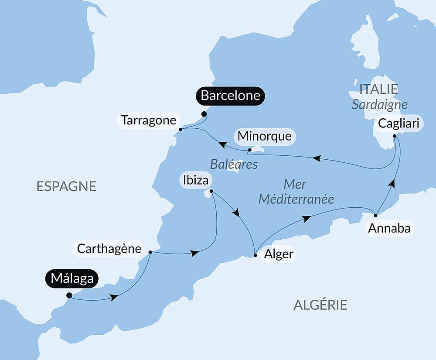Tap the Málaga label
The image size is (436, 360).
(x=72, y=278)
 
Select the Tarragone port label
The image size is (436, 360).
(x=148, y=120)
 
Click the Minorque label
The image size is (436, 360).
(x=265, y=136)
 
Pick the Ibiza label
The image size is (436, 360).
(x=195, y=180)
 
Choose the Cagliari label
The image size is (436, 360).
(x=399, y=123)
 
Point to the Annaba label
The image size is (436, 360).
(x=389, y=228)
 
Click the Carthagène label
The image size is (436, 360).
(x=109, y=249)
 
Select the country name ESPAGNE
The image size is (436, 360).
(x=66, y=186)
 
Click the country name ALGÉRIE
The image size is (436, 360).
(x=320, y=305)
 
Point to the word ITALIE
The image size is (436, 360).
(x=378, y=89)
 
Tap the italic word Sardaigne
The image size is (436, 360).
(x=380, y=105)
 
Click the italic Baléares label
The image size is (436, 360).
(x=234, y=164)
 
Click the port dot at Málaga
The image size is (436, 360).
(x=69, y=295)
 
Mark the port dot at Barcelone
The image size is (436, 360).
(x=204, y=114)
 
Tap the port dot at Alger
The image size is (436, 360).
(x=255, y=255)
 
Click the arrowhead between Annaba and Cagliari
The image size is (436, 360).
(x=392, y=183)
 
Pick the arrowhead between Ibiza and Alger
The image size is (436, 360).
(x=236, y=213)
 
